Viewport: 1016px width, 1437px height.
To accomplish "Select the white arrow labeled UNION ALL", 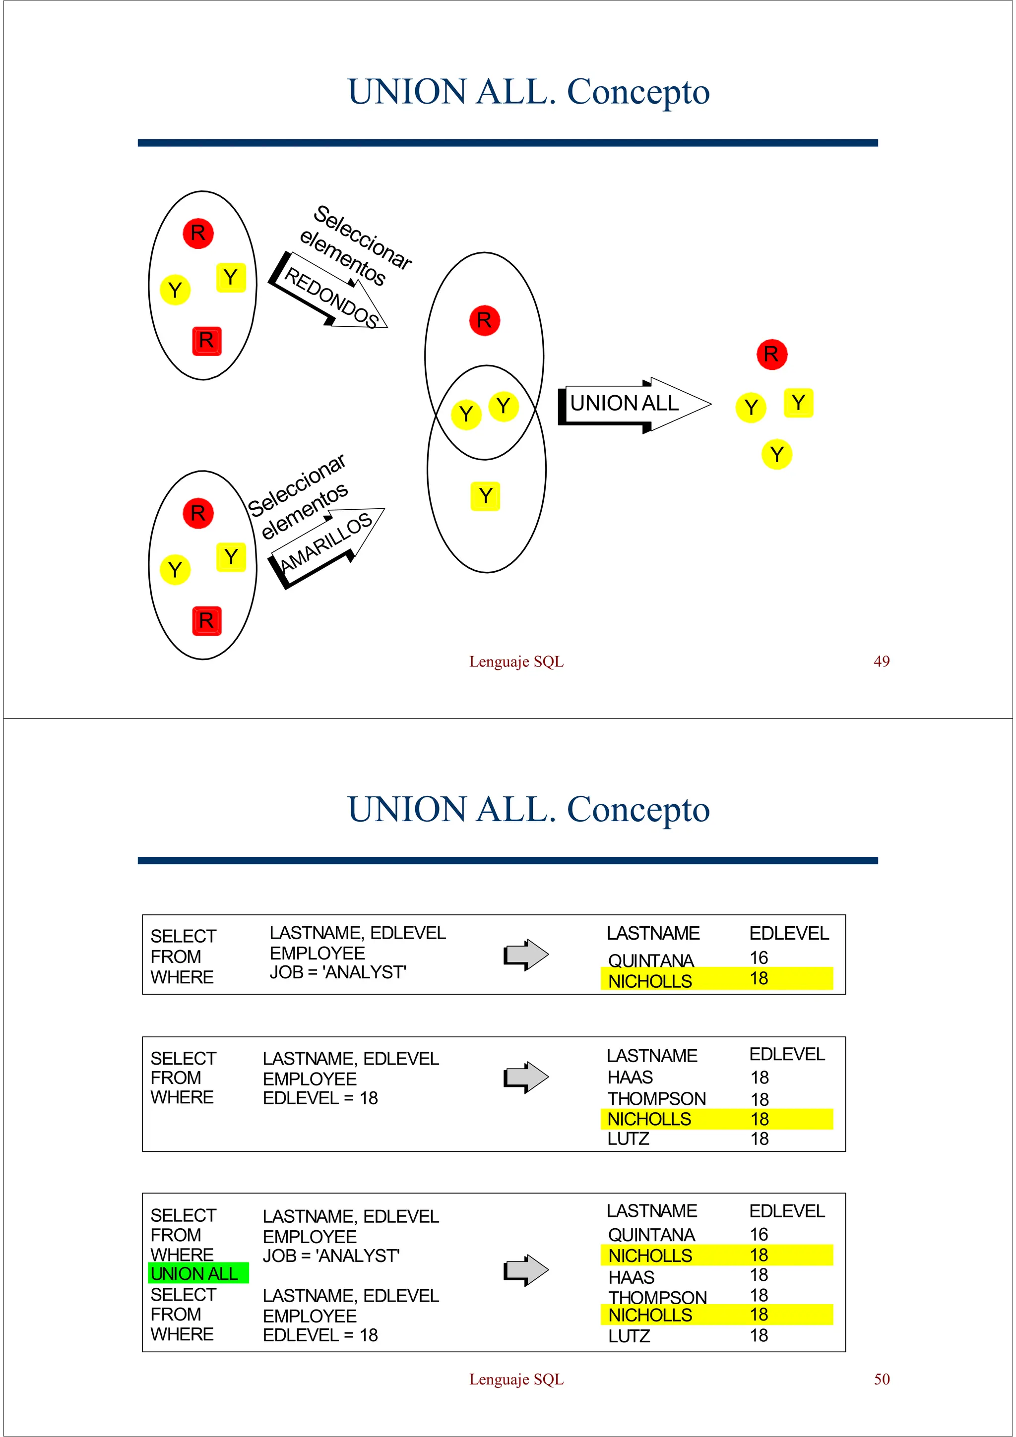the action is click(632, 404).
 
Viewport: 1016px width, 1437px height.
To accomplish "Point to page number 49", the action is click(882, 661).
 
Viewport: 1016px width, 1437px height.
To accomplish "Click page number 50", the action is click(882, 1379).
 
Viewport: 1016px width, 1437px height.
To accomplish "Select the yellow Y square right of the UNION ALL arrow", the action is click(798, 403).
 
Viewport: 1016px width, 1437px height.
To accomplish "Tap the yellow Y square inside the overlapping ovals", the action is click(485, 496).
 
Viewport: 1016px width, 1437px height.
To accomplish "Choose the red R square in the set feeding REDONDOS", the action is click(206, 341).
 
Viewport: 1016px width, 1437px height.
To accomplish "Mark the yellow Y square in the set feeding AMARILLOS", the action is click(231, 557).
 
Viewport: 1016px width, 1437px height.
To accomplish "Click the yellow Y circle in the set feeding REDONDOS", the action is click(175, 290).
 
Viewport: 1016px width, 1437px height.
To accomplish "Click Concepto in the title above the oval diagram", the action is click(638, 92).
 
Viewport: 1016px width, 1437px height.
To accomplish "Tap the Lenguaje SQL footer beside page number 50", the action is click(516, 1379).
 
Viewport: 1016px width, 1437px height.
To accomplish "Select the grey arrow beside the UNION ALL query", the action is click(526, 1270).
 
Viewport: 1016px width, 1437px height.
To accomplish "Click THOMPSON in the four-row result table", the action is click(657, 1098).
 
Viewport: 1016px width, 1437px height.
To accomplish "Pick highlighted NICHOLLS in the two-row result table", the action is click(650, 981).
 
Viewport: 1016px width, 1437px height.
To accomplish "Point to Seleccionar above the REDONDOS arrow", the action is click(363, 237).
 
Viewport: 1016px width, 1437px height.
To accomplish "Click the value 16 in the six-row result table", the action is click(759, 1234).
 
